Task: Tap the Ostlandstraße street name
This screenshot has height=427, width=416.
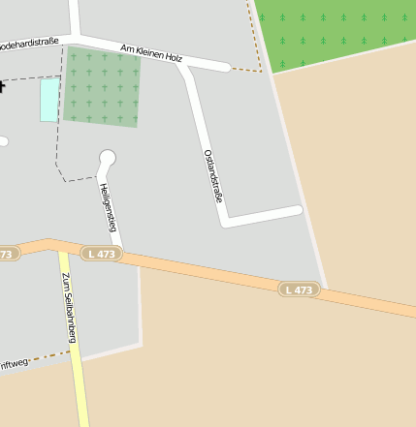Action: (214, 174)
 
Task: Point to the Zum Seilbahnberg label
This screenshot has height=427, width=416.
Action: (69, 308)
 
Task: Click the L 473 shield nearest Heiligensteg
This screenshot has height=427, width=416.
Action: (100, 254)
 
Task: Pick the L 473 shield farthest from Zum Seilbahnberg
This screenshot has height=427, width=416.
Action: (300, 290)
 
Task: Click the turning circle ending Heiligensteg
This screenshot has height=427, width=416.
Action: (108, 157)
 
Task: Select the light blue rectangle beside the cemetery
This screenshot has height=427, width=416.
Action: (49, 100)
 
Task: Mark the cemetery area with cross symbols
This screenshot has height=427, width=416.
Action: (102, 87)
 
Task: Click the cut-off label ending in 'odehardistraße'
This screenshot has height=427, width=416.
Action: (29, 43)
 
